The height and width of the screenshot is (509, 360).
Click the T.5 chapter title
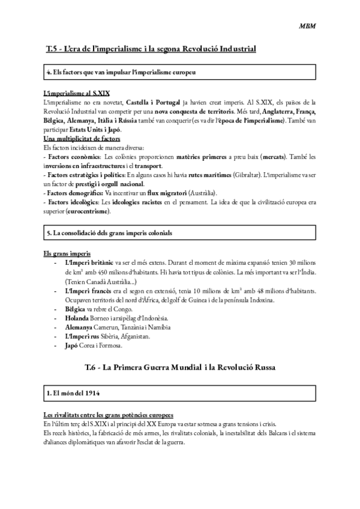[x=151, y=48]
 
